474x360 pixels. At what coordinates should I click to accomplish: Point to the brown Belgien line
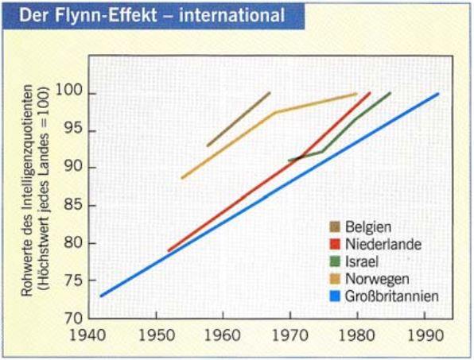(239, 118)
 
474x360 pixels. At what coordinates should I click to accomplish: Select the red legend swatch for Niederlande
(336, 243)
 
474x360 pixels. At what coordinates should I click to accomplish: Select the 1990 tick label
(425, 336)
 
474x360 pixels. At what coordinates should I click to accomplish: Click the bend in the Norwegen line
(274, 112)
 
